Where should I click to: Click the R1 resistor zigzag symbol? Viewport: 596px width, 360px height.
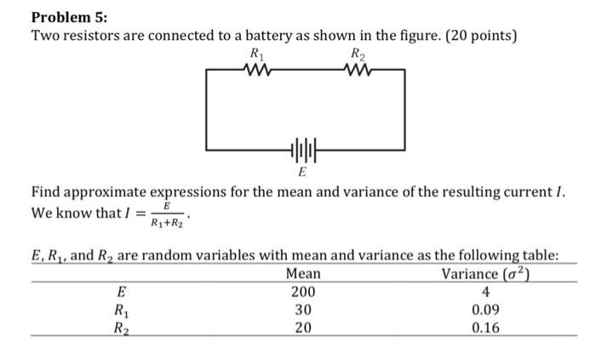(255, 71)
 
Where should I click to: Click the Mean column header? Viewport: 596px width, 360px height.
(304, 273)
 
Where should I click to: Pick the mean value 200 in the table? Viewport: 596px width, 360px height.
(304, 292)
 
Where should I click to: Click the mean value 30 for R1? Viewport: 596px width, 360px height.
(304, 310)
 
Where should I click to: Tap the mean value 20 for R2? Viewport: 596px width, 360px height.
(304, 328)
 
